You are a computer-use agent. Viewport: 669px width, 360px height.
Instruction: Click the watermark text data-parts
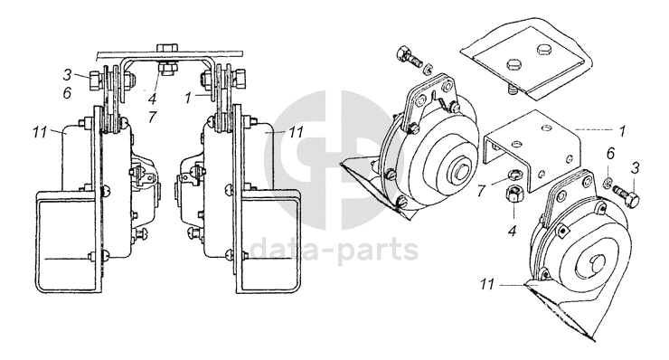(334, 250)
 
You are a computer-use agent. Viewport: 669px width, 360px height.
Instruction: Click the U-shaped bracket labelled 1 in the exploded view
(533, 149)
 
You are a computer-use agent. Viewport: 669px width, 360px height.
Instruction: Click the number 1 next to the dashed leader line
(623, 130)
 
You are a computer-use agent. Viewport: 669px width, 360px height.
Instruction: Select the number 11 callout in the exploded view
(487, 283)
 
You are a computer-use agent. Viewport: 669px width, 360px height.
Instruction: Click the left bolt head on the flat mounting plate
(514, 64)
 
